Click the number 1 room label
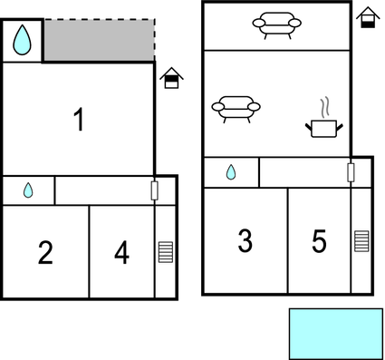point(80,120)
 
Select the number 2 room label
point(45,253)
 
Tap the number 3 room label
point(245,241)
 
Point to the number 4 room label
point(121,253)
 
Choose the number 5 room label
point(319,241)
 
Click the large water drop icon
point(23,41)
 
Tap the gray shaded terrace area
point(98,41)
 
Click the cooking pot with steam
point(324,126)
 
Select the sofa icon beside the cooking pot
point(235,109)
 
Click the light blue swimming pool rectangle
point(335,334)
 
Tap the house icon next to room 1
point(170,79)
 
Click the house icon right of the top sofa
point(367,17)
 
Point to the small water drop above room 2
point(28,190)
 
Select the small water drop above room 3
point(230,172)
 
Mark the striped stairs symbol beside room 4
point(165,251)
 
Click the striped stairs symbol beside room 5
point(361,240)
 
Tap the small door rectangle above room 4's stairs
point(155,190)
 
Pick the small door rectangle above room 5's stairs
point(351,172)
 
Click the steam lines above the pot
point(323,107)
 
